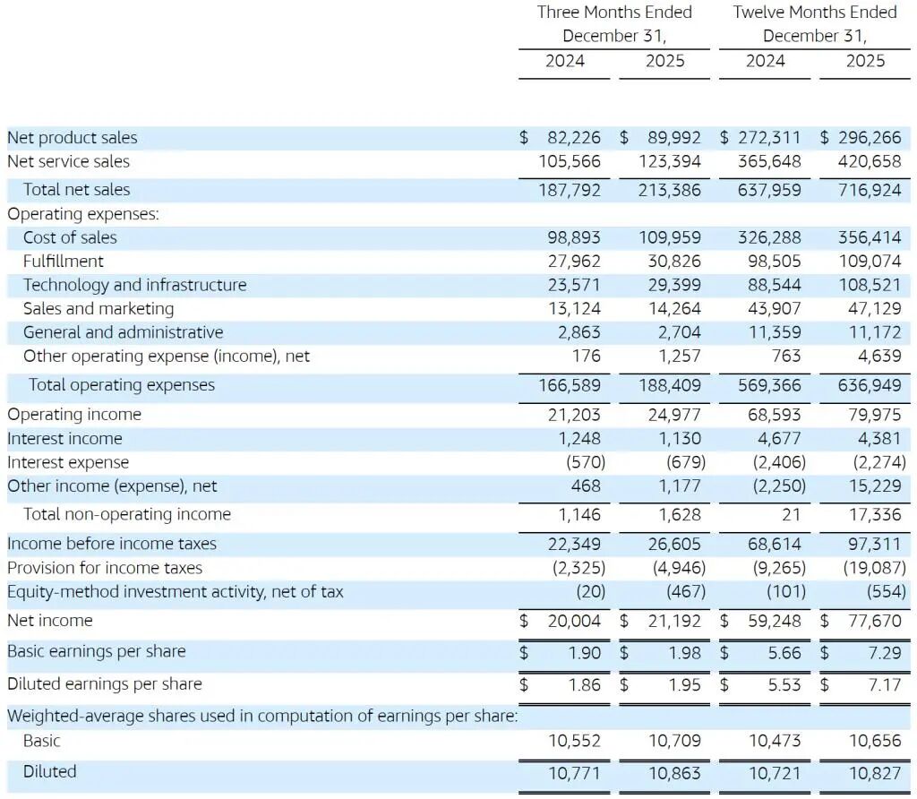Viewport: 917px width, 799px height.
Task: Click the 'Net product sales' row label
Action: (73, 138)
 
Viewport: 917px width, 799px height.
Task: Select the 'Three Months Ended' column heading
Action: (614, 13)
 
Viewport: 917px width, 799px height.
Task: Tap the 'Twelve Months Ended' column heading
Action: (814, 13)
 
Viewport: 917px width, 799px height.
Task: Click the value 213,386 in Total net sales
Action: (671, 190)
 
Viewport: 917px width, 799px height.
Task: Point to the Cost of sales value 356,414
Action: (870, 238)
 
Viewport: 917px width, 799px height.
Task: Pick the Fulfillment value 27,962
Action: (574, 262)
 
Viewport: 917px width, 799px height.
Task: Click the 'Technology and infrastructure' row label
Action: (134, 285)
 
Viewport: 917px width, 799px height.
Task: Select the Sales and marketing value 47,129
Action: (875, 309)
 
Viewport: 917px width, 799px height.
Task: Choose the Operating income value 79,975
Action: (875, 415)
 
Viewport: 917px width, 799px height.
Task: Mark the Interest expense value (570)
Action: (586, 463)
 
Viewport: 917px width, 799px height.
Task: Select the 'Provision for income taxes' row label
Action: (105, 568)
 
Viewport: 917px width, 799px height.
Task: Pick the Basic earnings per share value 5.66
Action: (784, 653)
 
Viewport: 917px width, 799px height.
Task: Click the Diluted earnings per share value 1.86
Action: (585, 685)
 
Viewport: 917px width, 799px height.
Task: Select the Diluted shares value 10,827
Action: (875, 772)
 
